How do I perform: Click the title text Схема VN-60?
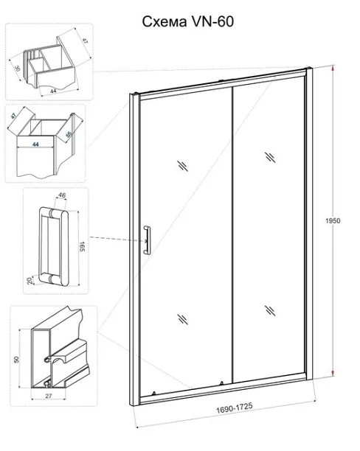[x=188, y=21]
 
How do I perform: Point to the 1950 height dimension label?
[x=333, y=220]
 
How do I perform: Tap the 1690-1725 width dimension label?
[x=235, y=408]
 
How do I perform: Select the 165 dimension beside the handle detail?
[x=83, y=247]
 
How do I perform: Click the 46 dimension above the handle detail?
[x=62, y=195]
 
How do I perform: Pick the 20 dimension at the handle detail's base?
[x=30, y=281]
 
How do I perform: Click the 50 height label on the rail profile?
[x=16, y=359]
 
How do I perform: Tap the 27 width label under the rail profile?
[x=49, y=396]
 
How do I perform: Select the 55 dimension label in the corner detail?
[x=69, y=134]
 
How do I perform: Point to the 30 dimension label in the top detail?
[x=18, y=69]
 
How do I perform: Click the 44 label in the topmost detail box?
[x=54, y=91]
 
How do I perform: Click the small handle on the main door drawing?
[x=147, y=240]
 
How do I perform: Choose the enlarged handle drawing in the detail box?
[x=54, y=246]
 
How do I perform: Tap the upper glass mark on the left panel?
[x=183, y=166]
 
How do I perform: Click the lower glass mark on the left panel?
[x=183, y=319]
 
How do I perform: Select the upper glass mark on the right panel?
[x=270, y=157]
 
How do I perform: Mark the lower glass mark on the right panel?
[x=270, y=310]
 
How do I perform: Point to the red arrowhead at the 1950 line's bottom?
[x=333, y=373]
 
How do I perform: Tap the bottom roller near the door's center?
[x=221, y=383]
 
